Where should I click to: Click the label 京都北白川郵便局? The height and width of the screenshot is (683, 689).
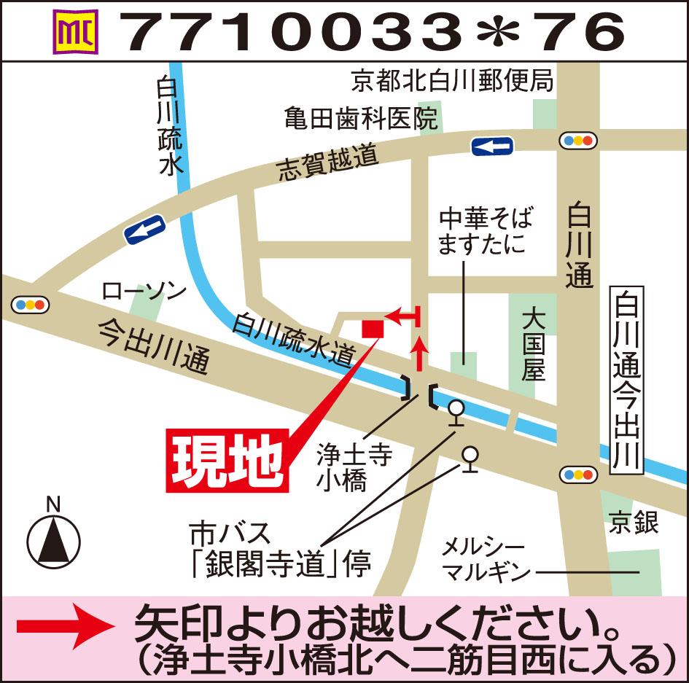[x=451, y=80]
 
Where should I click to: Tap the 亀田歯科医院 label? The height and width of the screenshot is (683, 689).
[x=361, y=117]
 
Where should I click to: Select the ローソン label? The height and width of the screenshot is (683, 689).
[x=144, y=292]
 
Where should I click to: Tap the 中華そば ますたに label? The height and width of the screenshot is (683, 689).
[x=485, y=230]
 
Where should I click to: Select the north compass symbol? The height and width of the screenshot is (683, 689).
[x=52, y=540]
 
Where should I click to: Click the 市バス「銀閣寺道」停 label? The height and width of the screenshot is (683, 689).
[x=280, y=550]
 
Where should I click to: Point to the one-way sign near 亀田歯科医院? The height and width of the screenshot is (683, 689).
[x=493, y=147]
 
